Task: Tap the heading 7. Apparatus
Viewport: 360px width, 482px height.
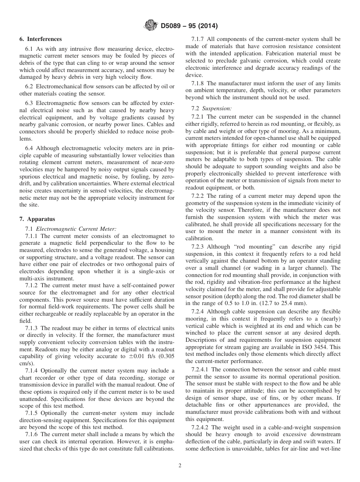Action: [37, 219]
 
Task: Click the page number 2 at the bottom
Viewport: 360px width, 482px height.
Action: [180, 466]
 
